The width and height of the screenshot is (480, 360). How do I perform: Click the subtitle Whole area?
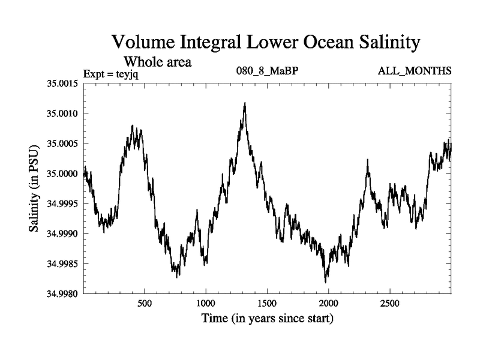157,61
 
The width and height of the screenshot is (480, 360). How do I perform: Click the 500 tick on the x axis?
144,303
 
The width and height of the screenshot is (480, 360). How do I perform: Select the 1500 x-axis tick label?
267,303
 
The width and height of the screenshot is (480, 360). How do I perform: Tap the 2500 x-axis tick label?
390,303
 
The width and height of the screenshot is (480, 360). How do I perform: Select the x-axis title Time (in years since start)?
268,318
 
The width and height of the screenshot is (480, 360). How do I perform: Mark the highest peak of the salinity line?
245,103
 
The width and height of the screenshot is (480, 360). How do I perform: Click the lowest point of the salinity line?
326,282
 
